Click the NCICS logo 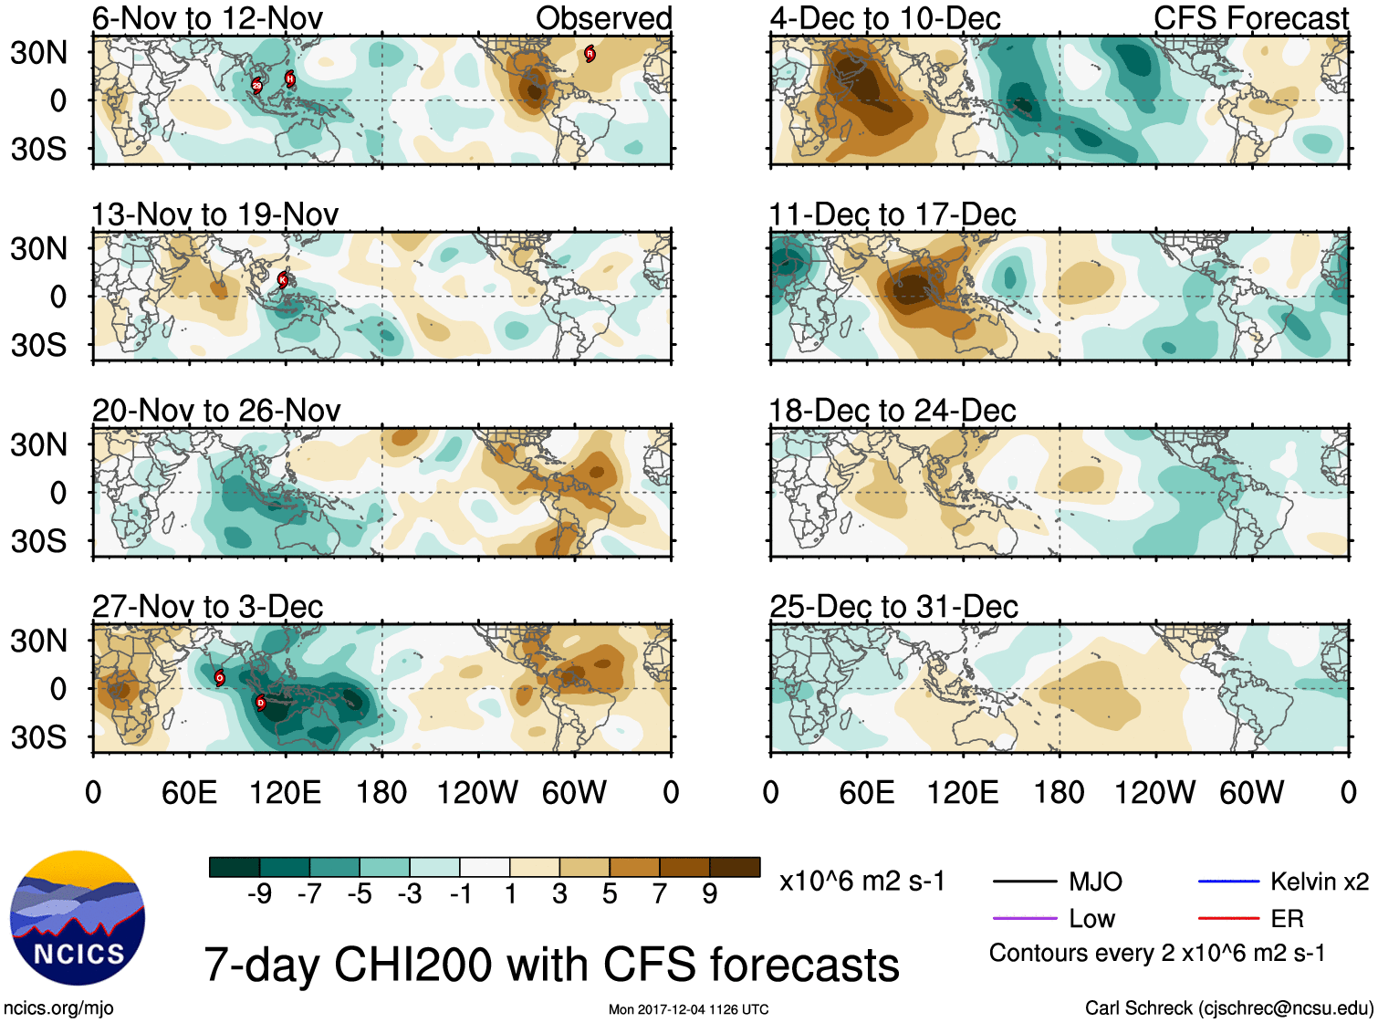[77, 917]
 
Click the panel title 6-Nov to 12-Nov [207, 18]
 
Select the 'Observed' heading [603, 18]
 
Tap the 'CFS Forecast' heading [1250, 18]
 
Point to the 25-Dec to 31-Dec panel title [893, 607]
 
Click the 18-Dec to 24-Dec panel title [892, 411]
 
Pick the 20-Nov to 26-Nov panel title [216, 411]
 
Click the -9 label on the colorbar [259, 894]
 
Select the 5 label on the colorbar [610, 894]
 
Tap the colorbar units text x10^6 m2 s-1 [861, 882]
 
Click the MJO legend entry [1095, 882]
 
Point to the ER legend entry [1287, 919]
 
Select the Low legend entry [1091, 919]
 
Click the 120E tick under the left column [286, 792]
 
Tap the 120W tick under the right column [1154, 792]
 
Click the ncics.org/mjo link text [58, 1008]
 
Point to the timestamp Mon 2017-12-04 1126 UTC [688, 1009]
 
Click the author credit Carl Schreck [1228, 1008]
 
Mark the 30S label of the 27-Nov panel [38, 737]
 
